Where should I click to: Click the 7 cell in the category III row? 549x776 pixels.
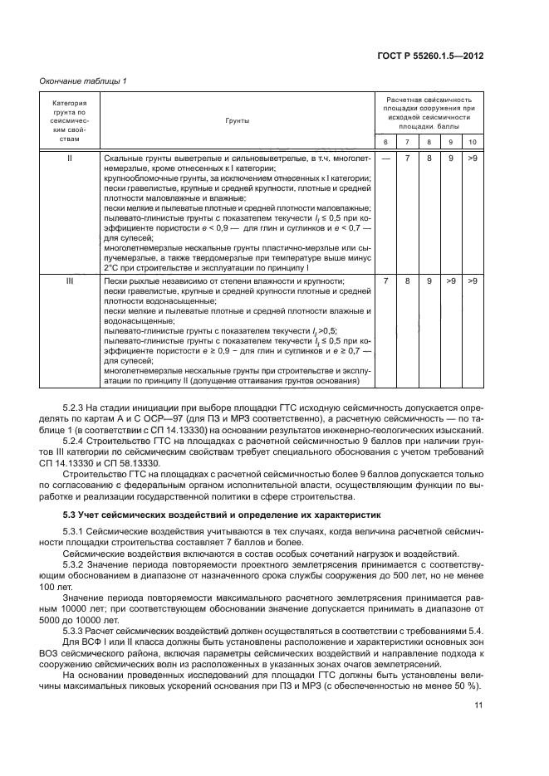[x=385, y=282]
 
